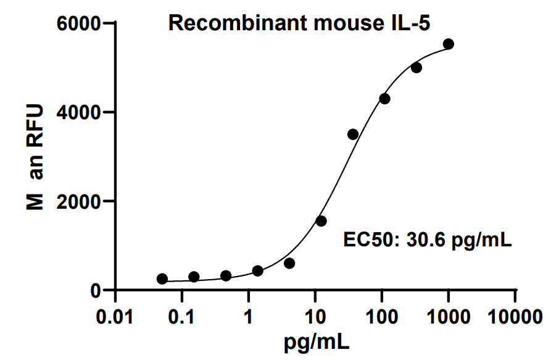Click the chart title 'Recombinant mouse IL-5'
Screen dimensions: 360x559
coord(300,24)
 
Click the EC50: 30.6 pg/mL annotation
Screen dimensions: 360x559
coord(427,239)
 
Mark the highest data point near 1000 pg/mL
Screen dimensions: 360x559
coord(449,44)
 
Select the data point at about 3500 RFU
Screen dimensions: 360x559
coord(353,134)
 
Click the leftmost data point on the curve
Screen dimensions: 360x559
coord(162,279)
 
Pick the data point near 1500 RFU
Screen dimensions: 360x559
coord(321,221)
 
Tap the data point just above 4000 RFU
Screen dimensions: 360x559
coord(384,99)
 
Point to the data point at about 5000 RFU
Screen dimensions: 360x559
coord(416,68)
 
